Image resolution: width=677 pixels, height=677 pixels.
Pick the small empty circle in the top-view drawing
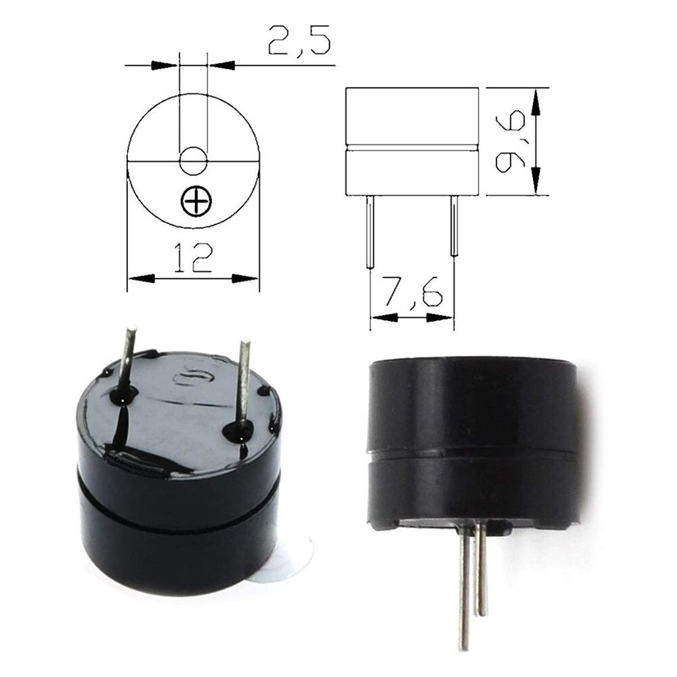click(x=194, y=160)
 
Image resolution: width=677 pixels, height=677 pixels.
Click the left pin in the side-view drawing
click(x=370, y=230)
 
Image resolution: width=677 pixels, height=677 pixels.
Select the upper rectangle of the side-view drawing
click(x=412, y=116)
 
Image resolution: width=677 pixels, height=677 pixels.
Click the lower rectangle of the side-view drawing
click(x=412, y=172)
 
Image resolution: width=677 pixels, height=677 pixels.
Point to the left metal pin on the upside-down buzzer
click(x=127, y=359)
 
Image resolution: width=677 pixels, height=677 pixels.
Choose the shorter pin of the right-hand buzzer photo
click(x=481, y=569)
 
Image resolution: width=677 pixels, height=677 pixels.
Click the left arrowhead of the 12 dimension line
click(x=139, y=278)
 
